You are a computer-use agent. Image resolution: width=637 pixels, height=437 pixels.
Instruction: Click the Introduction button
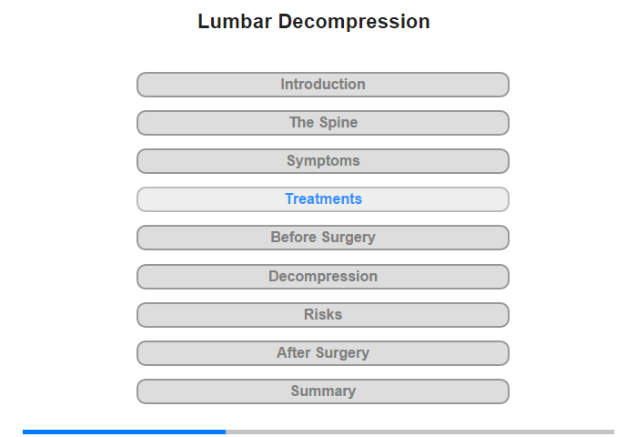(323, 85)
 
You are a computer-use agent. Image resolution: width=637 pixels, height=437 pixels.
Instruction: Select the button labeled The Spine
(323, 123)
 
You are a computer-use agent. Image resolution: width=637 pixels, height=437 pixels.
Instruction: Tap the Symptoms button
(323, 161)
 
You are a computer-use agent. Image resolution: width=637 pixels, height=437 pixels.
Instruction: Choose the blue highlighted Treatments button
(323, 199)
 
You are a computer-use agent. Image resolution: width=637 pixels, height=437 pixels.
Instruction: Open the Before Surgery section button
(323, 238)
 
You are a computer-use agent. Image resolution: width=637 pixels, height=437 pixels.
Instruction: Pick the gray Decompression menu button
(323, 277)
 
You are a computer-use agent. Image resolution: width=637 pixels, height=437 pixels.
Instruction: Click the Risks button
(323, 315)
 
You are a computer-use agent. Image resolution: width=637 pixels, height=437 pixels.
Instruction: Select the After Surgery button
(323, 353)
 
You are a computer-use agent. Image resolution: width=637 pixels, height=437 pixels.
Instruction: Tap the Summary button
(323, 391)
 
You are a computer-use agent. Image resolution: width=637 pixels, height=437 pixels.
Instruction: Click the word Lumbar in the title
(235, 22)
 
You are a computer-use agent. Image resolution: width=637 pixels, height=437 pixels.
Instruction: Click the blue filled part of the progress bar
(125, 432)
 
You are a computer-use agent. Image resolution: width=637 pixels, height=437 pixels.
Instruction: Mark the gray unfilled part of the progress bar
(420, 432)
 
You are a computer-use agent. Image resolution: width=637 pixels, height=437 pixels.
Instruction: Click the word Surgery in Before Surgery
(349, 238)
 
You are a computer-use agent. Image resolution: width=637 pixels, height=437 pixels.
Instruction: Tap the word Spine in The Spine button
(339, 123)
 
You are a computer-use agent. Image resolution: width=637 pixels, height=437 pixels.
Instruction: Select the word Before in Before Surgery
(293, 237)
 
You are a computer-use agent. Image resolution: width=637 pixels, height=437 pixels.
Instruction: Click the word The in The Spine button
(301, 122)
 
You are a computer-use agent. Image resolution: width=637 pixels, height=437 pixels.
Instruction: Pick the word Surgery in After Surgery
(343, 353)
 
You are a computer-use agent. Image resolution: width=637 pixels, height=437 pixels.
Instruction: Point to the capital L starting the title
(203, 22)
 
